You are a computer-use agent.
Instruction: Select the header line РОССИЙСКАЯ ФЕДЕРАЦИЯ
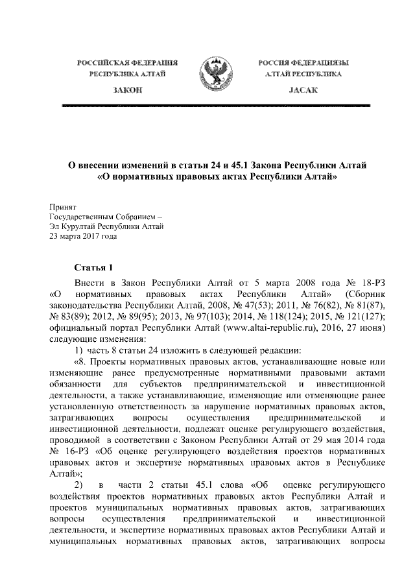[127, 63]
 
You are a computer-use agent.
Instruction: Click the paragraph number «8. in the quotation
[82, 361]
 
